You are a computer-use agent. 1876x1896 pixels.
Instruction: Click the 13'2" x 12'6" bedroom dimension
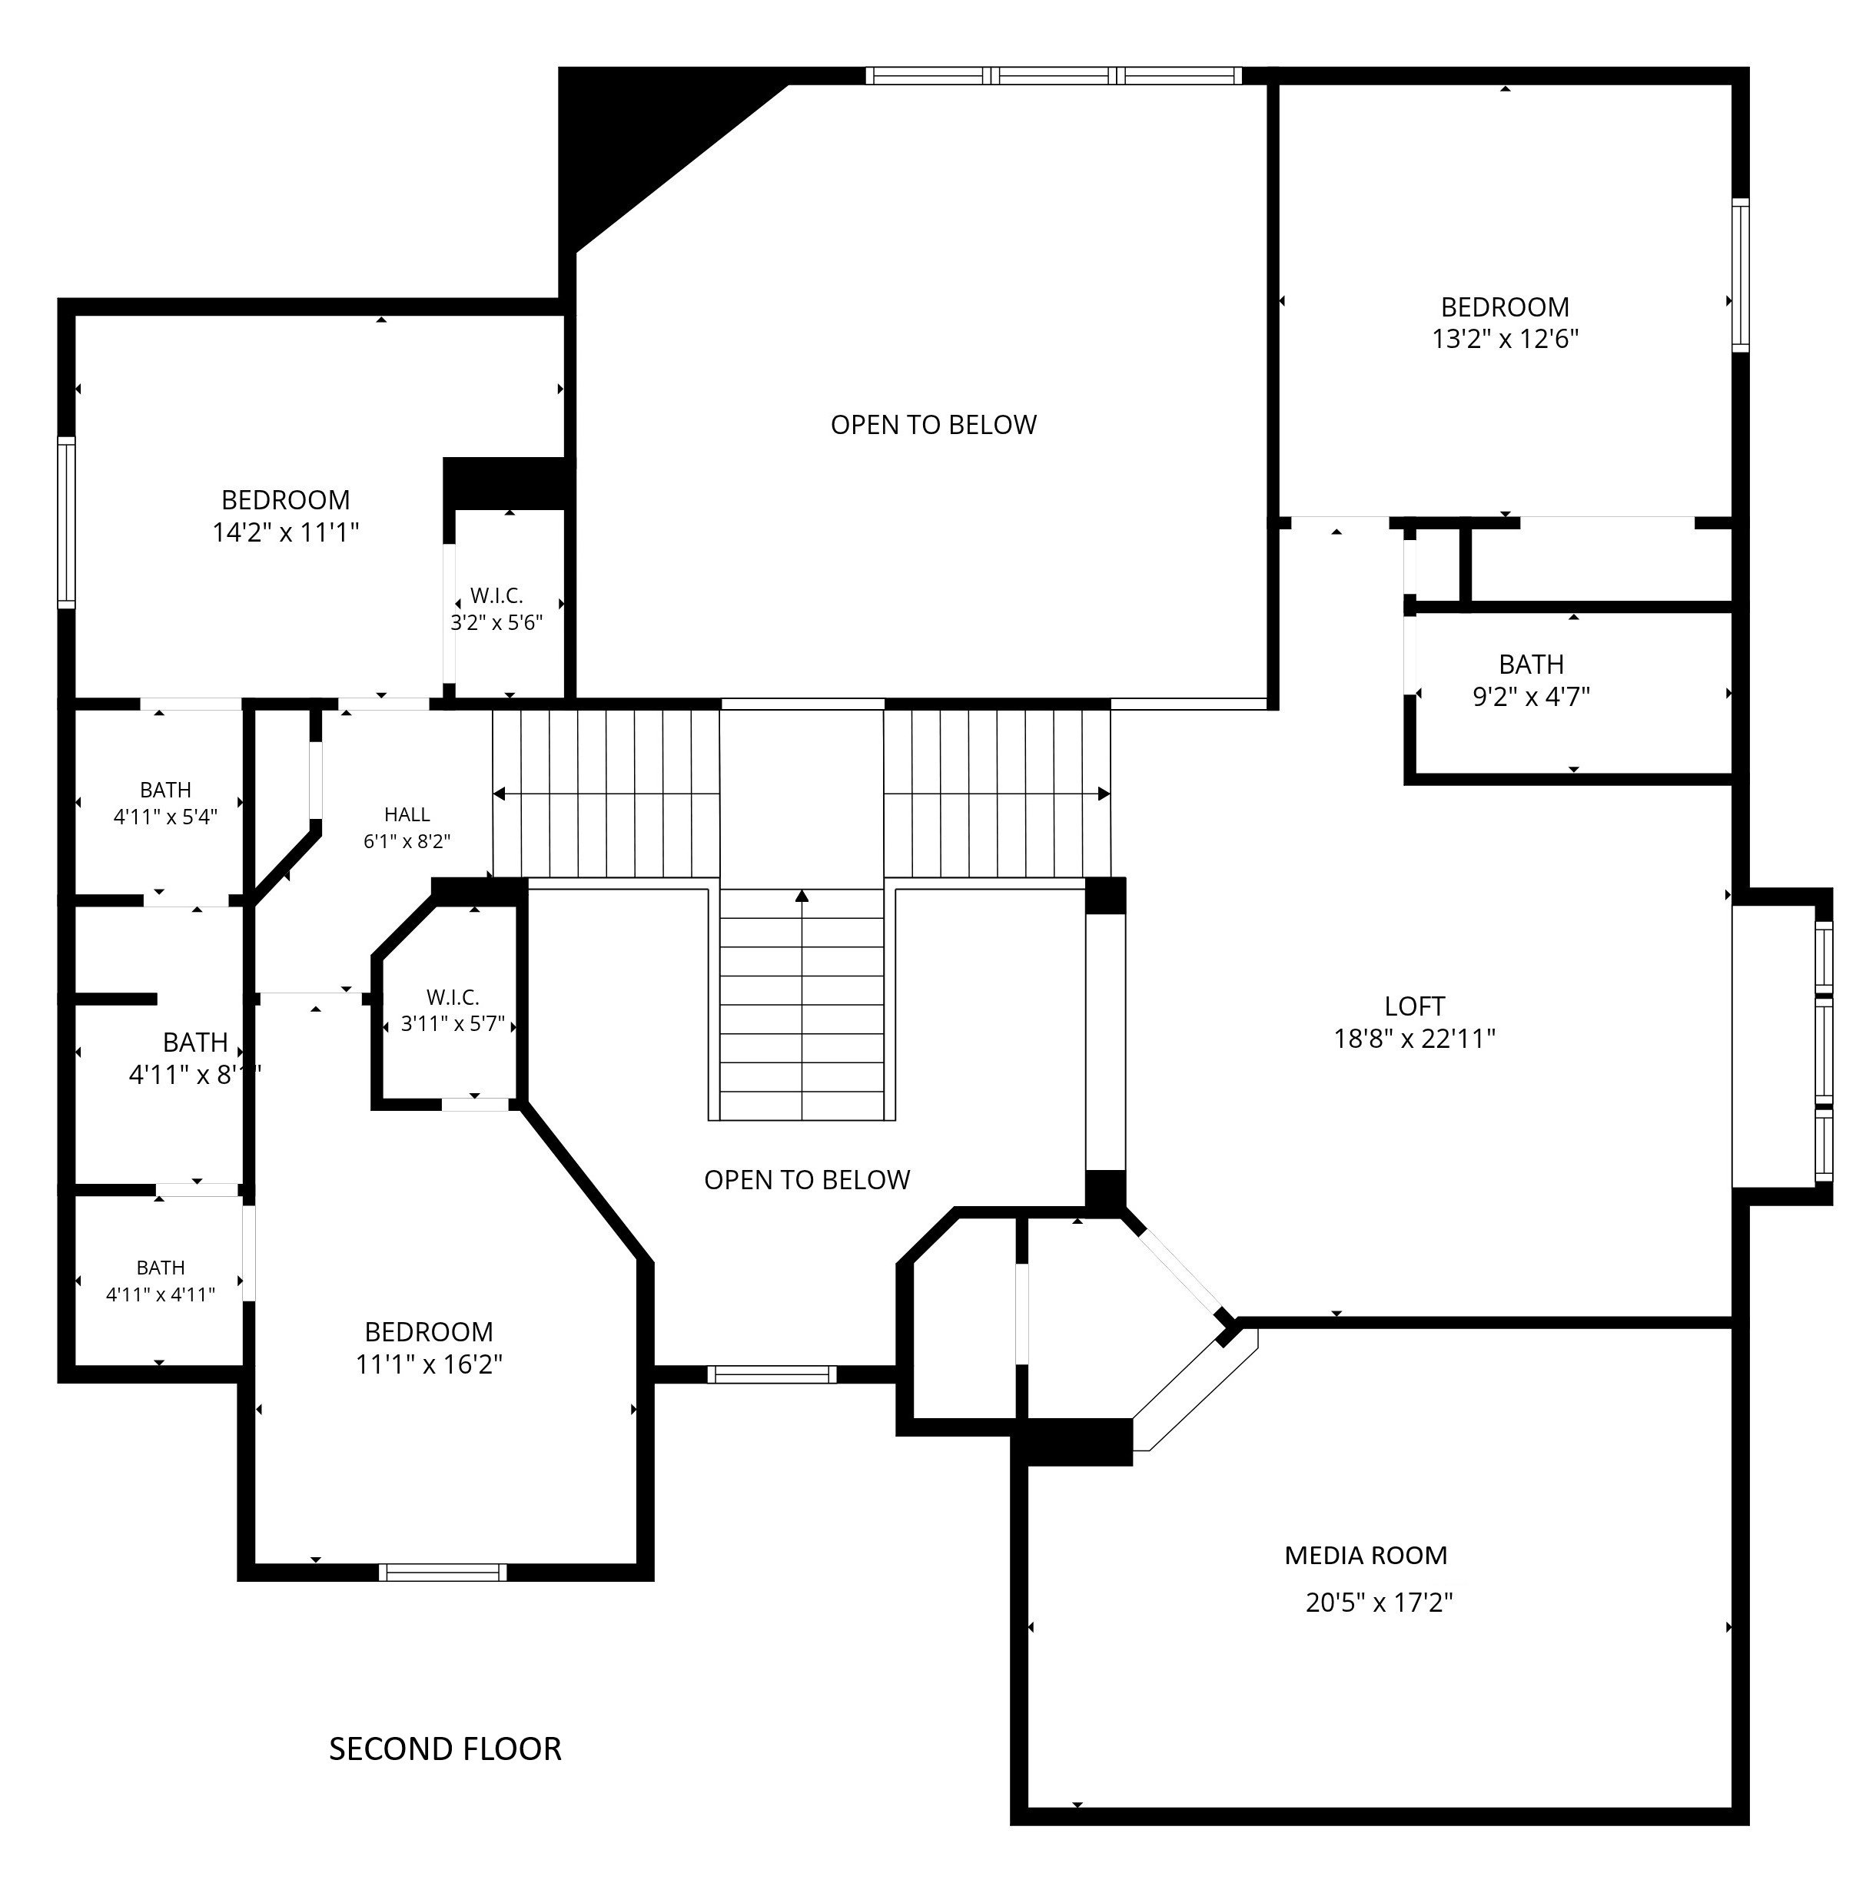1505,339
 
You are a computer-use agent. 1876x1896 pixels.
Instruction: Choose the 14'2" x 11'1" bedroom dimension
286,532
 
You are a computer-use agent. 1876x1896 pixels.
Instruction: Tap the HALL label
407,814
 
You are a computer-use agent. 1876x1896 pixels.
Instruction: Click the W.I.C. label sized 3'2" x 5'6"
496,595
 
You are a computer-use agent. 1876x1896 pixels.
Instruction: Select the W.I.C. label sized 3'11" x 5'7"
453,997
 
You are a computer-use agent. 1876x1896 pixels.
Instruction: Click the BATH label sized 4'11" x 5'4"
165,789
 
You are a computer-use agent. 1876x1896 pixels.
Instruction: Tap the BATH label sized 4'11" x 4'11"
160,1267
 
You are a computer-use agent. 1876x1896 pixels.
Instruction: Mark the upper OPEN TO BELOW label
934,424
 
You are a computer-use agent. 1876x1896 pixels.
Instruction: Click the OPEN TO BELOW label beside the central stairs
807,1179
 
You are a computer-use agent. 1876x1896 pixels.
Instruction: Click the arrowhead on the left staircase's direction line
499,793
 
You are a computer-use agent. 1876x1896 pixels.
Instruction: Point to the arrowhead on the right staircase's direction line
1104,793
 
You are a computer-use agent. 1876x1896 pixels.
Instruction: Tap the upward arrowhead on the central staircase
802,895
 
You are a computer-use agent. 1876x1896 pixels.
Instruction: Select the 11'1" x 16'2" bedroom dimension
429,1364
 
